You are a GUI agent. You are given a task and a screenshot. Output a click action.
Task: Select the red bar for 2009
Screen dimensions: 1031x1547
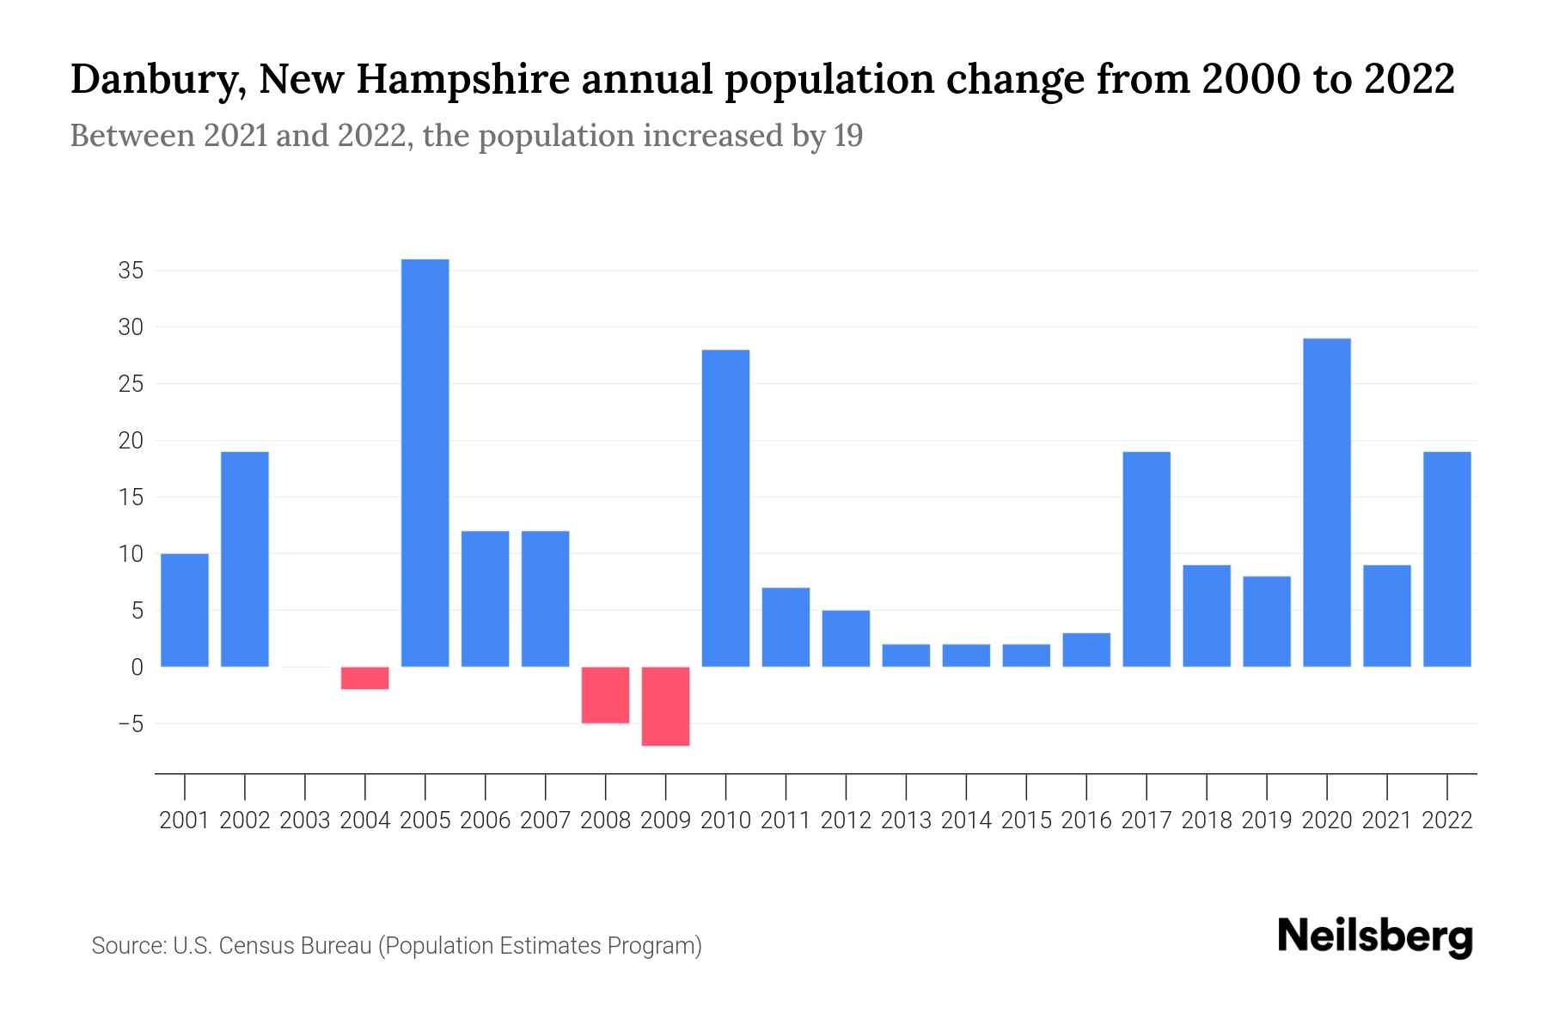[x=665, y=706]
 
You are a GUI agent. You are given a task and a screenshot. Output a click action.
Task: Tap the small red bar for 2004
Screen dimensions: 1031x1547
[x=364, y=678]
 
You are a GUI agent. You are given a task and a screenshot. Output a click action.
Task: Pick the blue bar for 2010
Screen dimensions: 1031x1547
[x=725, y=508]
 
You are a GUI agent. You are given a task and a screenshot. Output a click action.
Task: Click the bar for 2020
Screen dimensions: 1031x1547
[x=1326, y=503]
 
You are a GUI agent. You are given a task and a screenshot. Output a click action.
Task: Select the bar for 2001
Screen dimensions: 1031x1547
[x=185, y=610]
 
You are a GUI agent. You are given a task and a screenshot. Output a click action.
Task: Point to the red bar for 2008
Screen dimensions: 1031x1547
[x=605, y=695]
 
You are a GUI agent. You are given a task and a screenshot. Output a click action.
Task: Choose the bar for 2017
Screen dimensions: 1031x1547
[x=1146, y=559]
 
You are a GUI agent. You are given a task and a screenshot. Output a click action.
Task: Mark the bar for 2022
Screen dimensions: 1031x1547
[x=1446, y=559]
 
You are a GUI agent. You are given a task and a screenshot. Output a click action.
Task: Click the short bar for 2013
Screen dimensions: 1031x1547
[x=906, y=656]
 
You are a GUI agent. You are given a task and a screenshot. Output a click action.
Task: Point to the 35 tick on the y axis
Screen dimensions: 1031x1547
[x=130, y=271]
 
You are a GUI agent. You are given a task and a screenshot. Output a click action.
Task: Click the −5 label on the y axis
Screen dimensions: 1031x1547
[x=130, y=724]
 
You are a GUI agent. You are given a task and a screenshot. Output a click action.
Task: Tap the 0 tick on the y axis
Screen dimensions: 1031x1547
[x=137, y=668]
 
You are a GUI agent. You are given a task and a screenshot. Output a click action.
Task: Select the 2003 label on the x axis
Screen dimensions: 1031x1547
[x=305, y=821]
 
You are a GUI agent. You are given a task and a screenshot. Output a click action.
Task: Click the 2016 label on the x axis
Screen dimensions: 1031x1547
[x=1086, y=821]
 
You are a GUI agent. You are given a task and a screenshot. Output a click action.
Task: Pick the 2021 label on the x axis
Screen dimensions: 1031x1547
[x=1386, y=821]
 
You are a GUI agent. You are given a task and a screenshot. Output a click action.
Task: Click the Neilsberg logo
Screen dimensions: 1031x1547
[x=1375, y=936]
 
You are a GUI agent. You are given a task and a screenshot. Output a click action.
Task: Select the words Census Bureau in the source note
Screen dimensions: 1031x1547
[x=295, y=946]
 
